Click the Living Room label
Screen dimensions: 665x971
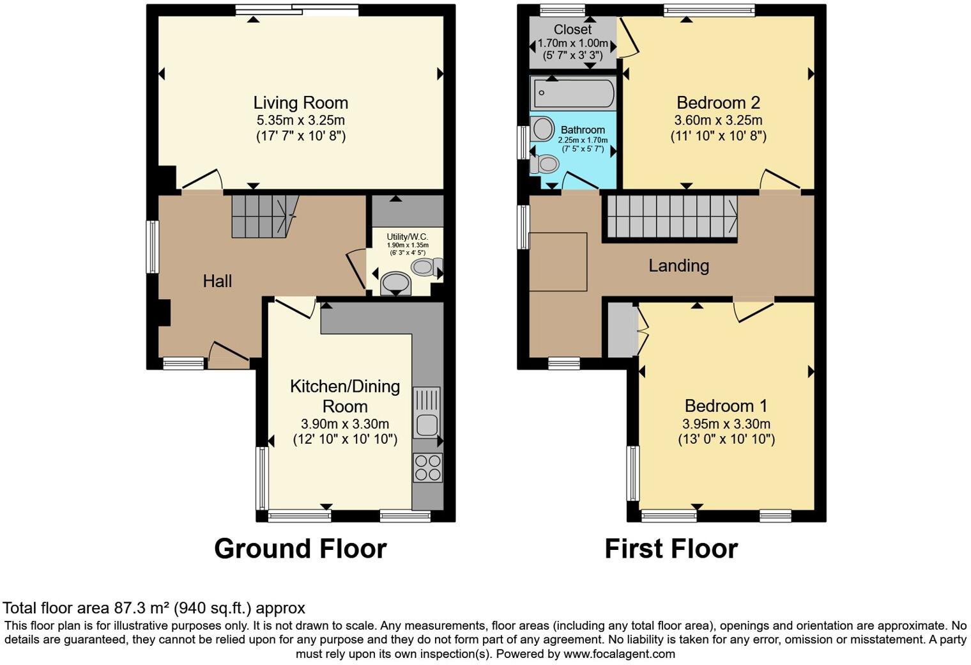point(300,102)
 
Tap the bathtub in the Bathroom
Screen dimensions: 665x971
point(572,93)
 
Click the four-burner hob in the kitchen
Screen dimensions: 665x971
point(427,467)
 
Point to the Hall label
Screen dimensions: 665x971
point(217,281)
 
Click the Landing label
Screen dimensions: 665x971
point(678,265)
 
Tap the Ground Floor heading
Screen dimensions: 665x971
point(300,549)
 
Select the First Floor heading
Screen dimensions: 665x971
point(671,549)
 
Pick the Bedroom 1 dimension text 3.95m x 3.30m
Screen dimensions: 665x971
point(726,424)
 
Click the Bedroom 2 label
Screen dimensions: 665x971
point(718,102)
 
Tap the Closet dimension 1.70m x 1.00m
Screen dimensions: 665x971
point(573,43)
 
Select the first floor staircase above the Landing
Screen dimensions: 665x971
point(671,216)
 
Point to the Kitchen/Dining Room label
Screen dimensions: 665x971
point(345,396)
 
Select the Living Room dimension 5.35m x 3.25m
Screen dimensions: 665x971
point(300,120)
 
